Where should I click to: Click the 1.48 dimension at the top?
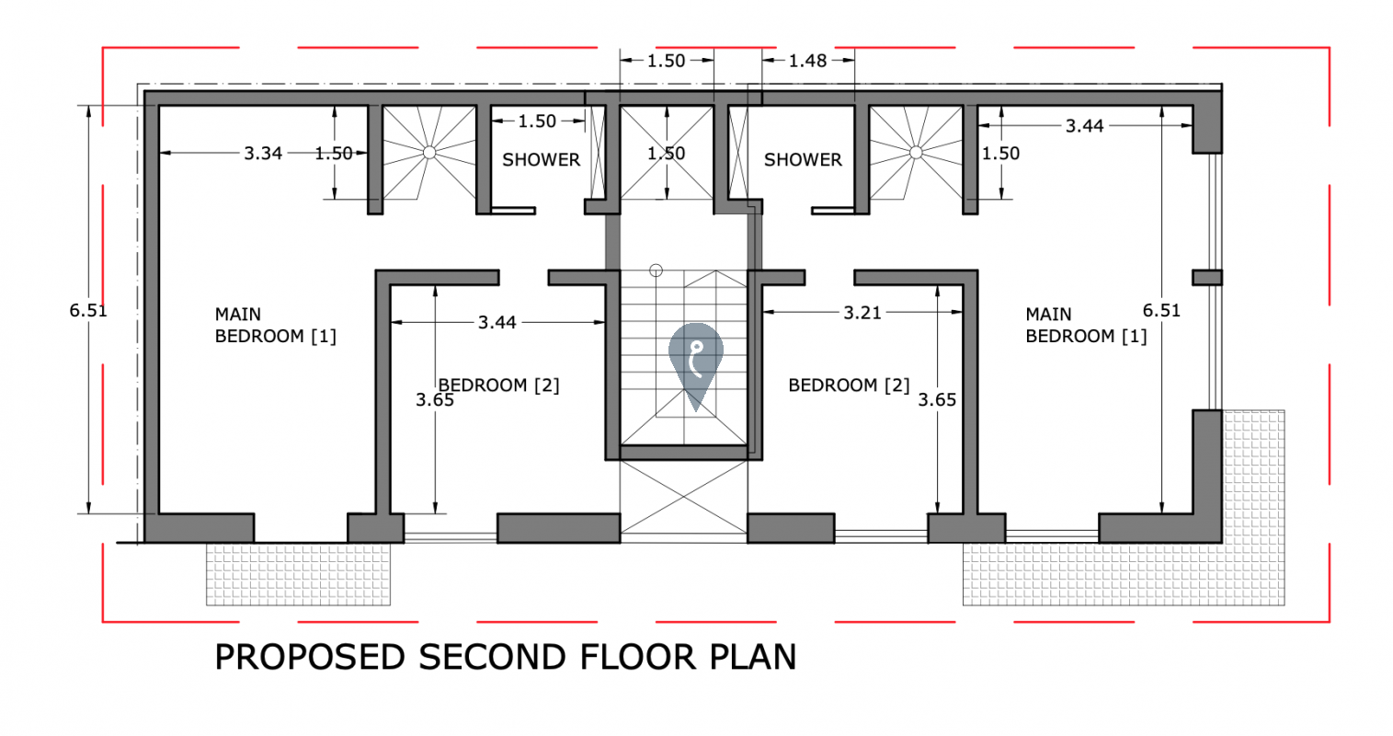(x=807, y=61)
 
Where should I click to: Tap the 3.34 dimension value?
(x=262, y=153)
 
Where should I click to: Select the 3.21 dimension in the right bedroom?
(x=862, y=312)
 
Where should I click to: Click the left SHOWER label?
(x=541, y=160)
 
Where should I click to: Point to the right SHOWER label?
(x=803, y=160)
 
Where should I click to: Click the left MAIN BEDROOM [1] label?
(x=276, y=325)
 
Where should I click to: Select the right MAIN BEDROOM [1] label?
(x=1086, y=325)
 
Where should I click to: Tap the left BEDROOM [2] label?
(x=498, y=385)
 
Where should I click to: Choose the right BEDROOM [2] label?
(x=849, y=385)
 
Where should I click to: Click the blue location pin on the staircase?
(x=696, y=361)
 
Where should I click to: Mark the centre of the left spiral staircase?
(x=429, y=153)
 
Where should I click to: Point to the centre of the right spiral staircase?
(x=916, y=153)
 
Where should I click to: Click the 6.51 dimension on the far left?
(x=88, y=310)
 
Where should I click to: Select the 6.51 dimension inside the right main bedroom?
(x=1161, y=310)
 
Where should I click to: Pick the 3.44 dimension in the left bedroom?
(x=497, y=322)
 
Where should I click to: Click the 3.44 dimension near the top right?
(x=1085, y=126)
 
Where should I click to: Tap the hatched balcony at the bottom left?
(x=299, y=574)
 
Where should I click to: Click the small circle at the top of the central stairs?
(x=657, y=270)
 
